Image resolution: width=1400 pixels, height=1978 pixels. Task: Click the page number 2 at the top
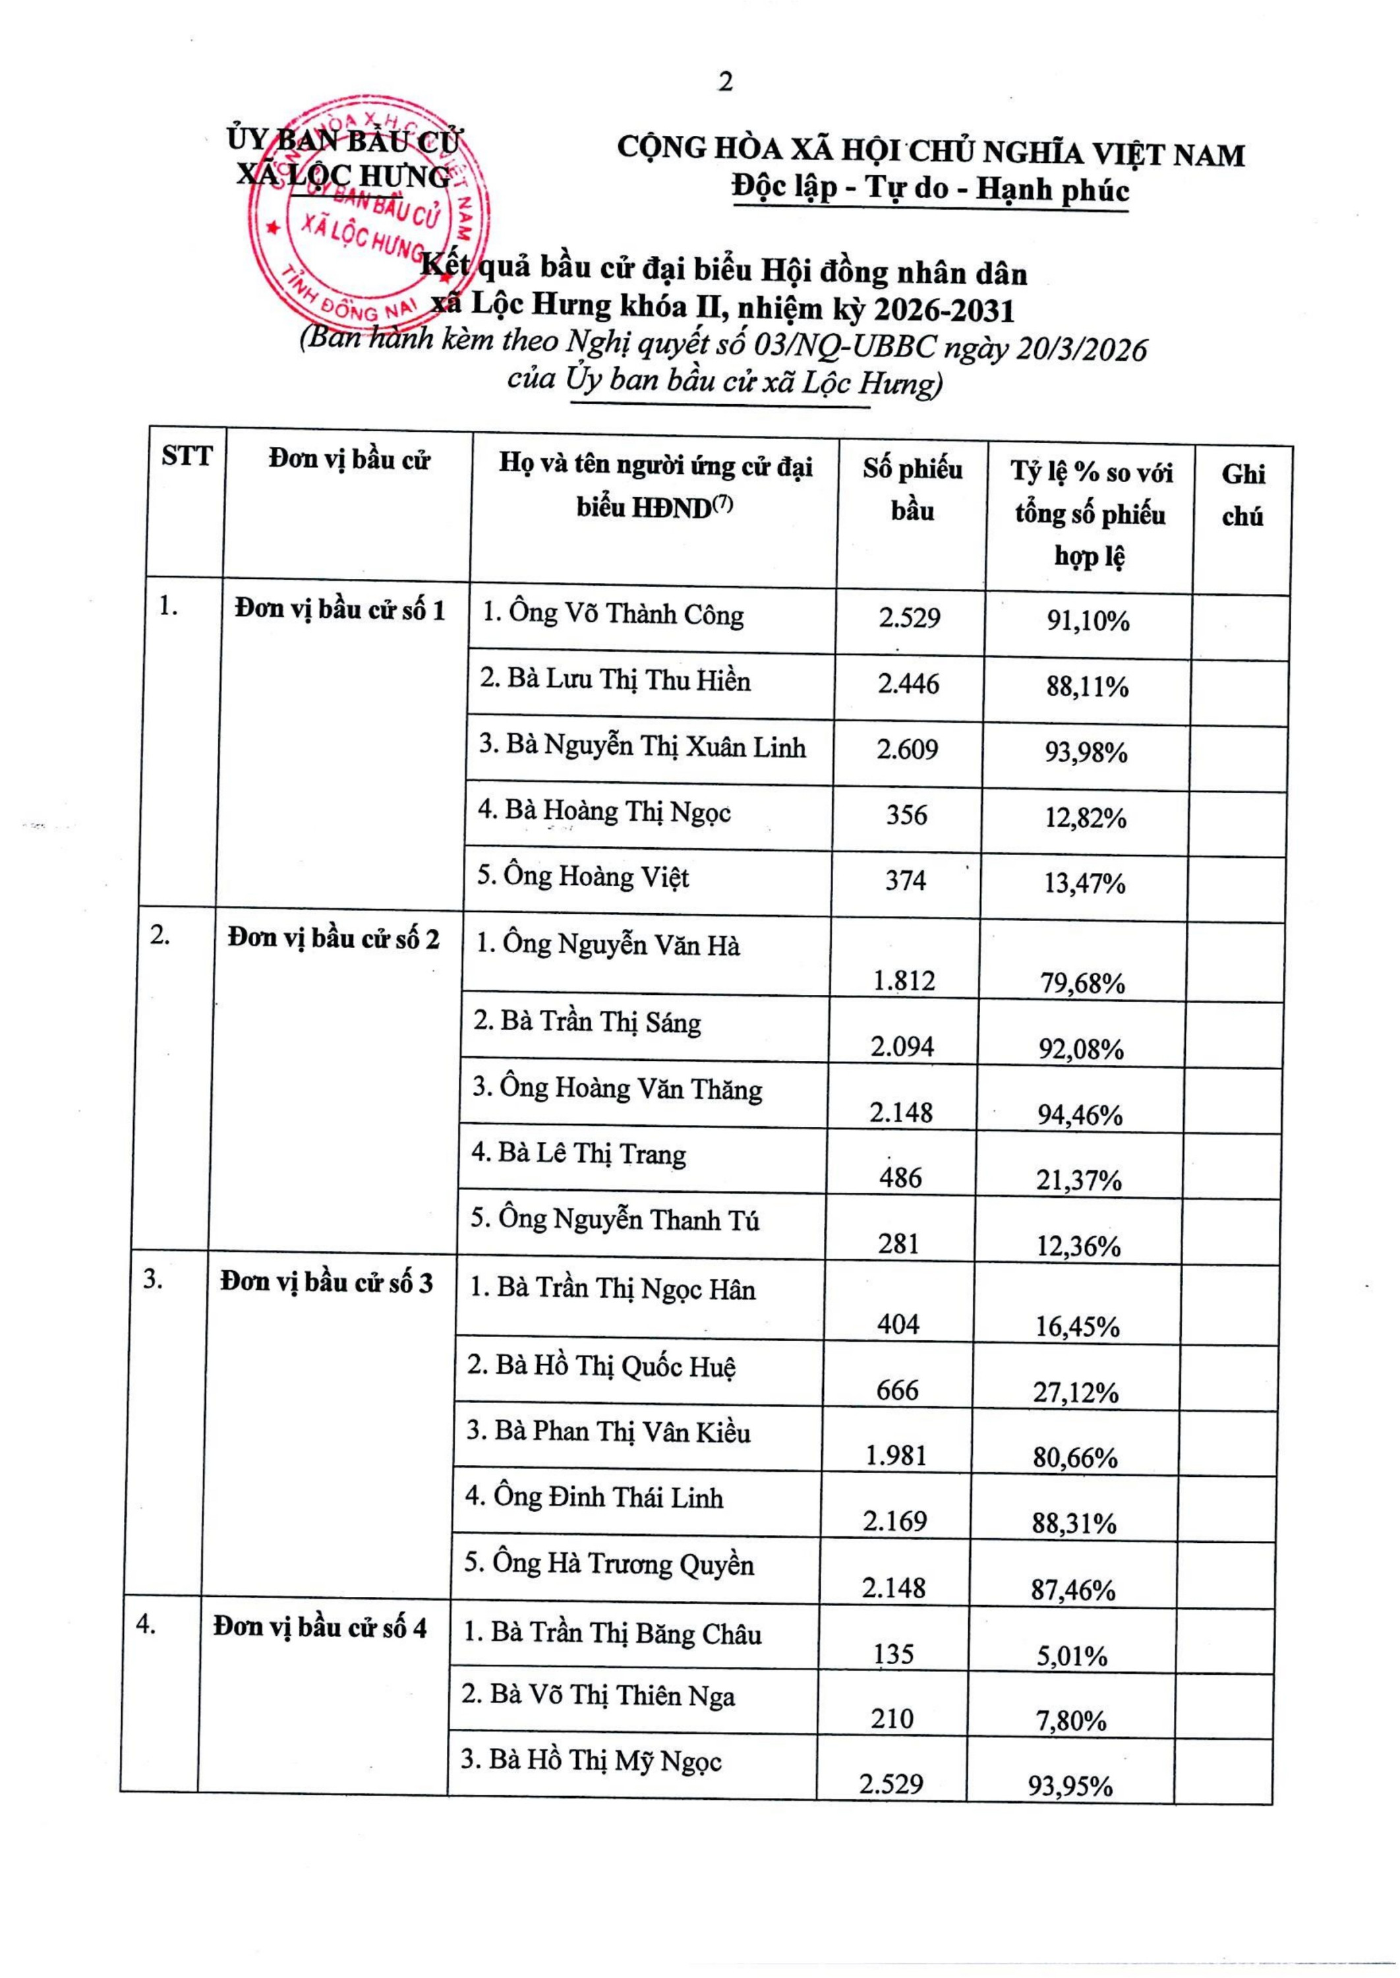tap(725, 83)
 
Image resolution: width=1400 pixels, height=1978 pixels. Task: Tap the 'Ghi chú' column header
tap(1242, 495)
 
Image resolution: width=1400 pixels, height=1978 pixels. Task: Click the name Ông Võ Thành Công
tap(612, 614)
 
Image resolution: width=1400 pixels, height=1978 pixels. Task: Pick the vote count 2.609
tap(908, 748)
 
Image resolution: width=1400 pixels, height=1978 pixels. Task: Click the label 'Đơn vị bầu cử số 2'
tap(334, 938)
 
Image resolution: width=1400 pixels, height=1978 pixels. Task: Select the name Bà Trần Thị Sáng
tap(587, 1023)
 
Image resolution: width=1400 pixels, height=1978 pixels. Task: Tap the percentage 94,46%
tap(1080, 1115)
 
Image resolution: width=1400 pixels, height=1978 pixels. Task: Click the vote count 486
tap(901, 1178)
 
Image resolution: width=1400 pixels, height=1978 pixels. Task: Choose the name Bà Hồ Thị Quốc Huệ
tap(602, 1365)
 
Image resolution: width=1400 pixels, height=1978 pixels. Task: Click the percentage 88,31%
tap(1074, 1523)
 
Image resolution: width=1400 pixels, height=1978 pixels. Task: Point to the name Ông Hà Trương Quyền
tap(608, 1564)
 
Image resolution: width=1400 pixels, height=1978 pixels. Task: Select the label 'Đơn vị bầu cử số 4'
tap(320, 1628)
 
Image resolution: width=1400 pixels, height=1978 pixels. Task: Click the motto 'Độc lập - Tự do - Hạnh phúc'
tap(930, 189)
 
